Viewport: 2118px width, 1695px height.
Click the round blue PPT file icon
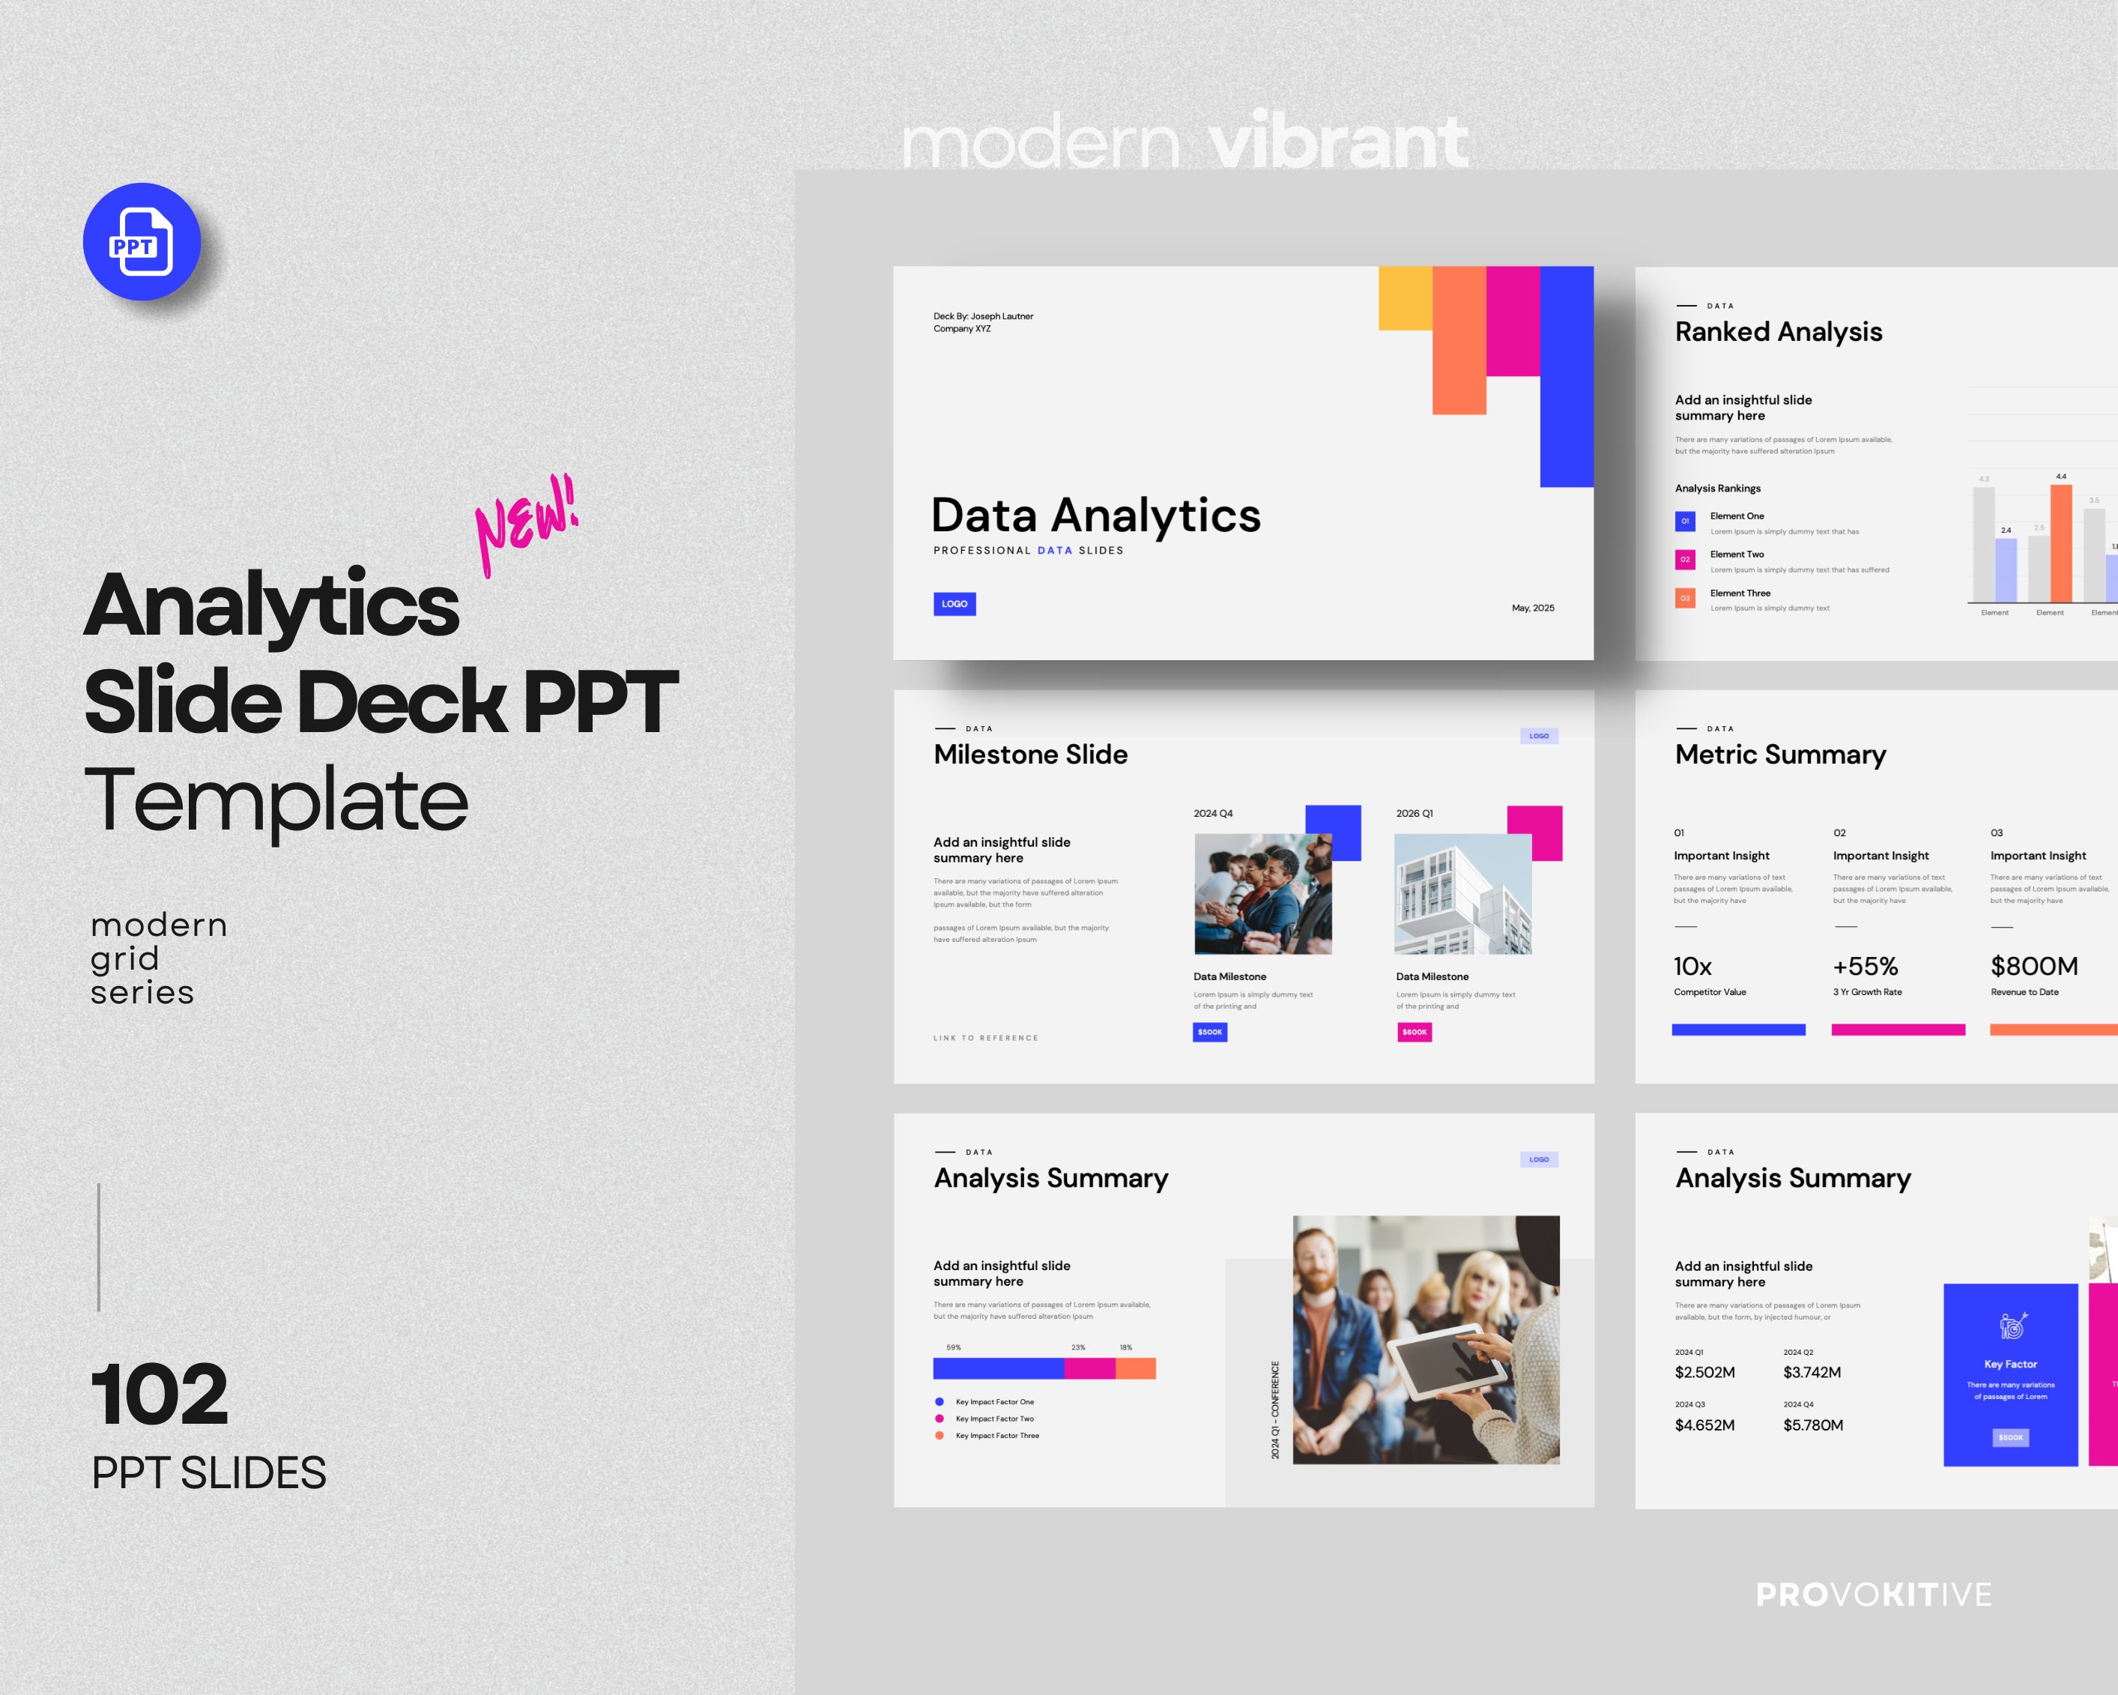[x=142, y=242]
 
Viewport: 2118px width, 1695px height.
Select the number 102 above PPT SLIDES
[x=159, y=1395]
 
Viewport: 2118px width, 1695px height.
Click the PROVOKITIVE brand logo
[x=1874, y=1595]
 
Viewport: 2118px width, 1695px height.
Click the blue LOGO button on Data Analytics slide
[x=954, y=603]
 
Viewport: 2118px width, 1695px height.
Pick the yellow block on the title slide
[x=1405, y=297]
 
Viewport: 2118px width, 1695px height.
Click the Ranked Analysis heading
[x=1778, y=332]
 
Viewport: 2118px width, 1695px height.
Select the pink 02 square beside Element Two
[x=1685, y=559]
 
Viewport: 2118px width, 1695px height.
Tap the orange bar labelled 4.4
[x=2061, y=543]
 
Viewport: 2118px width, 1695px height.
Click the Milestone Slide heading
[x=1030, y=755]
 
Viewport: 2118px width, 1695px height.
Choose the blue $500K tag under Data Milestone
[x=1209, y=1032]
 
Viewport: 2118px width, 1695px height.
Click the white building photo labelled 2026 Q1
[x=1462, y=894]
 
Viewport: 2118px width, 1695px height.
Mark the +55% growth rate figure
[x=1865, y=967]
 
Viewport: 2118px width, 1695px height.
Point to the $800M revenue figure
[x=2033, y=967]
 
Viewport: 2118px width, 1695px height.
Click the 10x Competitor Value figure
[x=1692, y=967]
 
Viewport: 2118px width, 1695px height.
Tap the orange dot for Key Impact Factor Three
[x=940, y=1436]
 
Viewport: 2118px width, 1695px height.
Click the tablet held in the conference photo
[x=1451, y=1361]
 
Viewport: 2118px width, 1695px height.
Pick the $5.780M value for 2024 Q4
[x=1812, y=1424]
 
